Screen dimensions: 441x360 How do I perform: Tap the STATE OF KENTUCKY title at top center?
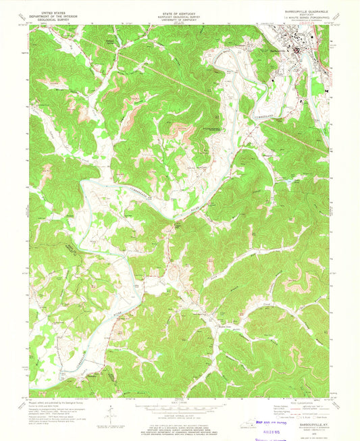(180, 11)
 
